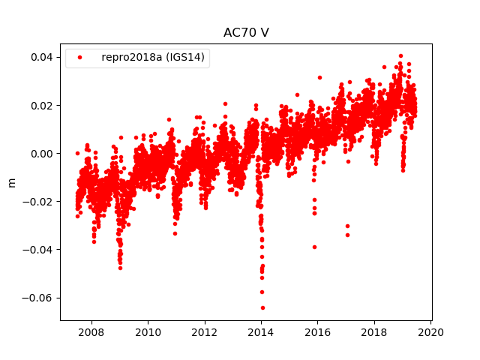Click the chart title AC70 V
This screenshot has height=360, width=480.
(246, 33)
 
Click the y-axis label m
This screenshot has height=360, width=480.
(11, 182)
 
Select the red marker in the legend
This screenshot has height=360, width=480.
(80, 58)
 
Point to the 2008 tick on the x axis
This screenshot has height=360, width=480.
(91, 332)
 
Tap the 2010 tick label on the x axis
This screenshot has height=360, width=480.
(148, 332)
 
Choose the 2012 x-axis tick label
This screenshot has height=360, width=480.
(204, 332)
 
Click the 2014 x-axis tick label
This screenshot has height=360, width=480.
(261, 332)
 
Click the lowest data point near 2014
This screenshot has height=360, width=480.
(262, 307)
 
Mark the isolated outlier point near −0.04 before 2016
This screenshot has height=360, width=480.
(314, 247)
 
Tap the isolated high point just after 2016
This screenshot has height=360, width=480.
(319, 77)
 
